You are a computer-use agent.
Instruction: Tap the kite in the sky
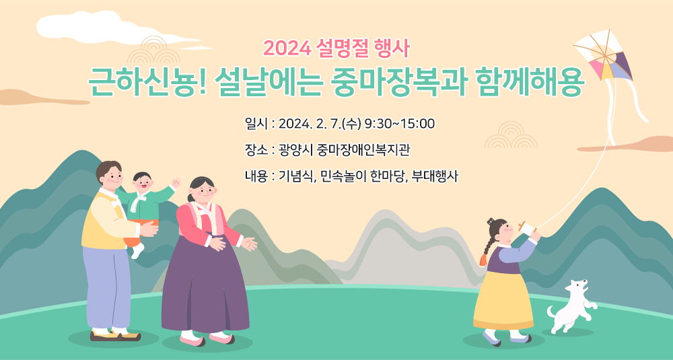coord(604,56)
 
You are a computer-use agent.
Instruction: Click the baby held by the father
coord(147,207)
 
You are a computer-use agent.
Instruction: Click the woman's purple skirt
coord(205,283)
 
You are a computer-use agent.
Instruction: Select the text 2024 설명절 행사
coord(336,49)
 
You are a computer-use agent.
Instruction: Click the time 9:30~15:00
coord(399,124)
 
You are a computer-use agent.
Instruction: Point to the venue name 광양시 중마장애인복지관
coord(344,150)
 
